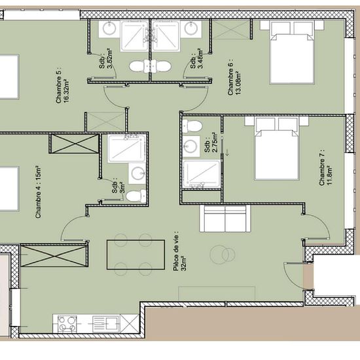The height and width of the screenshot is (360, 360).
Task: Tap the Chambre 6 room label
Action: [x=234, y=77]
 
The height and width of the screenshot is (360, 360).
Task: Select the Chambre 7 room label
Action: [x=325, y=168]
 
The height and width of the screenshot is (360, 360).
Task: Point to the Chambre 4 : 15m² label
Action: [x=38, y=192]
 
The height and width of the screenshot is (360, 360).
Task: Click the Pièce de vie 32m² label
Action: [x=179, y=251]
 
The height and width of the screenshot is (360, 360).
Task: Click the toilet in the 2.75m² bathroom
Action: [x=193, y=126]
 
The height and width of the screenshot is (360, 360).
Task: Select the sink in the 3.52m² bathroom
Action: [x=109, y=29]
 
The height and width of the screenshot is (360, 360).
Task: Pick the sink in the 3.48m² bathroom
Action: [x=190, y=29]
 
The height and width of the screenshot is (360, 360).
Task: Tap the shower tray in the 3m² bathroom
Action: [x=127, y=149]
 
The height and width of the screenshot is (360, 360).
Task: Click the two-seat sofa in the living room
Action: [x=225, y=219]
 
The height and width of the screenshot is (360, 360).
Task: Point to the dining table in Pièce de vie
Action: [x=135, y=255]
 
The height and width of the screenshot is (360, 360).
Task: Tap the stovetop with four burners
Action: [x=67, y=323]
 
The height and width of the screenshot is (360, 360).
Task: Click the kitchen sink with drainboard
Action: [x=106, y=324]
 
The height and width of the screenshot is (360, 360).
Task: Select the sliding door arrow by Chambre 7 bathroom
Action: [x=227, y=153]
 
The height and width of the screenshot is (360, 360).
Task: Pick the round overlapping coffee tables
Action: [x=223, y=254]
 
